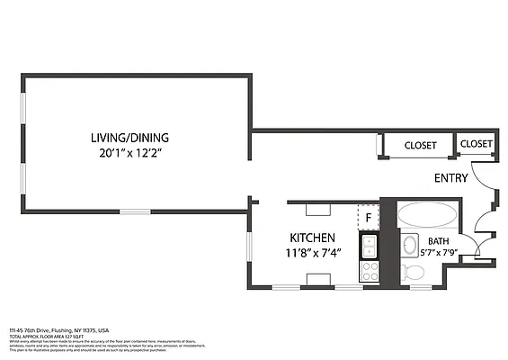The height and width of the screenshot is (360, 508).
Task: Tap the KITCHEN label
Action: pos(313,238)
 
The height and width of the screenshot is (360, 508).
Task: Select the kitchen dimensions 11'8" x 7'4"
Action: pos(313,253)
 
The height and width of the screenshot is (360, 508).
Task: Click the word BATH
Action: pos(438,241)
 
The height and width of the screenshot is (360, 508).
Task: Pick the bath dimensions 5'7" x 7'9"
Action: pos(438,252)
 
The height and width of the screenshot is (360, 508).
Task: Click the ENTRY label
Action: pos(450,178)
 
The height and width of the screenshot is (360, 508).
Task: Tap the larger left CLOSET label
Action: pos(420,145)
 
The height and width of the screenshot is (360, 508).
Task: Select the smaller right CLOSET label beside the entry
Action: pos(476,144)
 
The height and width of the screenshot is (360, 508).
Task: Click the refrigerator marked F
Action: pos(368,218)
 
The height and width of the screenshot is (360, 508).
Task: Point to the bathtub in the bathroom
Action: pos(427,214)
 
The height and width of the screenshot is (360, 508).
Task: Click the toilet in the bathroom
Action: pos(415,278)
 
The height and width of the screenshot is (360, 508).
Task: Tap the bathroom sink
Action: pos(410,245)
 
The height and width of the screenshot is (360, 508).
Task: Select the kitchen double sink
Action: pos(369,244)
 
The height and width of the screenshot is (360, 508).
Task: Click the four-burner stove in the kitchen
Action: pos(369,270)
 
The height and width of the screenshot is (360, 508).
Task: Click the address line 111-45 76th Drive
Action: pos(59,330)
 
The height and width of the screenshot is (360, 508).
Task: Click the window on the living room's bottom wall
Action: pos(135,211)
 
